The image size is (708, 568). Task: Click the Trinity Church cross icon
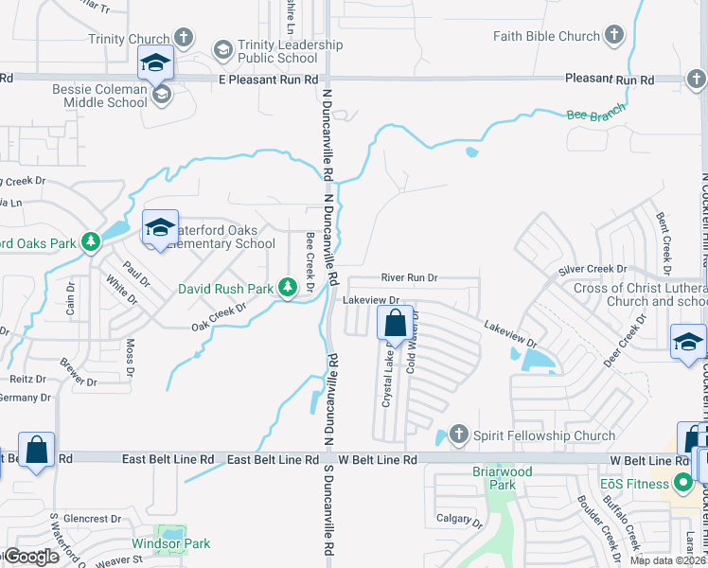[185, 39]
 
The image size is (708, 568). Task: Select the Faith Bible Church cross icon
[613, 37]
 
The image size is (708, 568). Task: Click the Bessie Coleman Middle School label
[99, 96]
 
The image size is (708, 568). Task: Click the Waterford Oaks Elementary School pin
[160, 229]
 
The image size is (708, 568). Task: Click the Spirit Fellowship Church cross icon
[458, 435]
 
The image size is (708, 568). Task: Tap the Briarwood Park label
[502, 478]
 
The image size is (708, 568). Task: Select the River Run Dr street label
[409, 277]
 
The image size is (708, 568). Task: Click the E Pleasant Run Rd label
[268, 80]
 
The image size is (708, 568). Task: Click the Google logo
[31, 557]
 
